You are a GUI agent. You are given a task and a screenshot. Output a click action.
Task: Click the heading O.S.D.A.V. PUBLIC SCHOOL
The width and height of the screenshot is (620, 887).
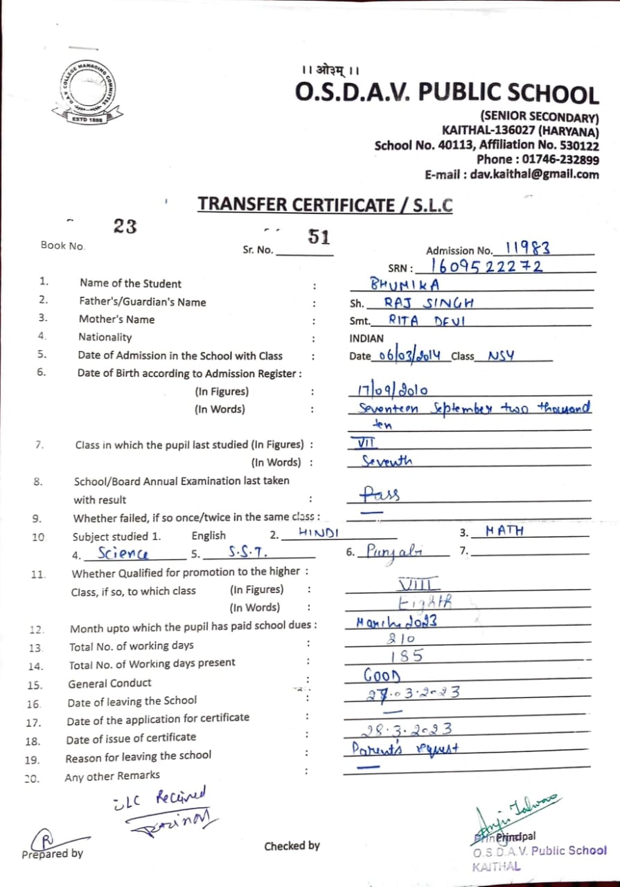[447, 94]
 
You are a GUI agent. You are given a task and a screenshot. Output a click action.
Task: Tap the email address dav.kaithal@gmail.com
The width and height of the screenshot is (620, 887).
[534, 175]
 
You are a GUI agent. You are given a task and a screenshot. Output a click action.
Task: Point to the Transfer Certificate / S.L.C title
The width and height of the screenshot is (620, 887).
[325, 204]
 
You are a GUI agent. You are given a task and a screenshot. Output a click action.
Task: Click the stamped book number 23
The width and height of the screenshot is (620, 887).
[125, 226]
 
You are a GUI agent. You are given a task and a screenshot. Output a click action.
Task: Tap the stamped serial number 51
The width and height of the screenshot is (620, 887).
[319, 237]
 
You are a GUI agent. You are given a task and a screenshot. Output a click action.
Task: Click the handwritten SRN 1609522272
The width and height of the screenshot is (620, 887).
[486, 266]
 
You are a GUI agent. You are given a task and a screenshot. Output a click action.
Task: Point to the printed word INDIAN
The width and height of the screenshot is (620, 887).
[366, 339]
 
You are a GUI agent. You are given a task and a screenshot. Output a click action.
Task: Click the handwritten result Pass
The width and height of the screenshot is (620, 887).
[380, 494]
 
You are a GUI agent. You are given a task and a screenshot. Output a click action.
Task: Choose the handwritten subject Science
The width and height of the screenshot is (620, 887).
[123, 553]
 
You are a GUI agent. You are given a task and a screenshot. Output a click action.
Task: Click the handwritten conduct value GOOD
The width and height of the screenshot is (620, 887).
[382, 674]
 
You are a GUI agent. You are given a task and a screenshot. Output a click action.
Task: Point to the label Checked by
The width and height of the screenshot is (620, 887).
[292, 845]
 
